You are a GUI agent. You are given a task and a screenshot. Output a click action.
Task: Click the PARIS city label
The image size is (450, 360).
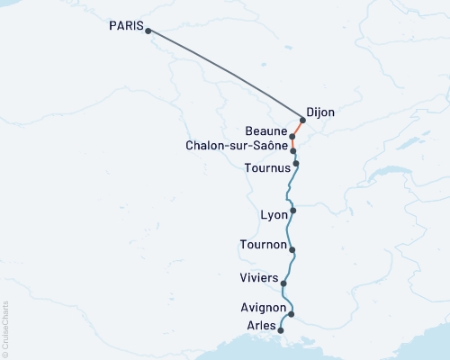pos(125,27)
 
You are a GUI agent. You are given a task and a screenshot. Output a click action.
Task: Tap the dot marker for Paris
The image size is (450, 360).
pos(148,31)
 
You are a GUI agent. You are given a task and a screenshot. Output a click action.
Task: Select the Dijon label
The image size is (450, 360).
pos(321,112)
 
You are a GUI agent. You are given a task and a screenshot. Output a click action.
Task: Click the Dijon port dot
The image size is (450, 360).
pos(302,120)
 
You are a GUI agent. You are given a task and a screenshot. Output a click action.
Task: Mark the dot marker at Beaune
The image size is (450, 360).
pos(293,137)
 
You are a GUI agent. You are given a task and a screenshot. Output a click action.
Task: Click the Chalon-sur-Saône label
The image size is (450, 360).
pos(237,144)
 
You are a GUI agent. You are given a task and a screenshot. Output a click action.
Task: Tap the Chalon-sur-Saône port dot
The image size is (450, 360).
pos(293,150)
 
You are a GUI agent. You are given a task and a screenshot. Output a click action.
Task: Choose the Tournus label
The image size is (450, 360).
pos(267,167)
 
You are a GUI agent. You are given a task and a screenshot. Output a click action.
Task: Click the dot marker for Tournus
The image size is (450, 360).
pos(296,164)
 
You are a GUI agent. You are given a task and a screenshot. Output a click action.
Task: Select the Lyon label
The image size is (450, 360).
pos(274,215)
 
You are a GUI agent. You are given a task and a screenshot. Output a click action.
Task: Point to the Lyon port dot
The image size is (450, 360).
pos(293,211)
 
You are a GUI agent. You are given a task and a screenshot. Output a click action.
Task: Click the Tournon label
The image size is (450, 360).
pos(264,245)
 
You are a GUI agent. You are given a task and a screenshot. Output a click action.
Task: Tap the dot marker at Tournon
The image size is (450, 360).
pos(292,250)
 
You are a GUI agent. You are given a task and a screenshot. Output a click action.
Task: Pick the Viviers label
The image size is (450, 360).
pos(259,277)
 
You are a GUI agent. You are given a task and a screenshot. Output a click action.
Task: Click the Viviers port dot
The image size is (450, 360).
pos(284,283)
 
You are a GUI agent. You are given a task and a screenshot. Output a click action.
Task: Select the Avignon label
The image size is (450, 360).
pos(264,307)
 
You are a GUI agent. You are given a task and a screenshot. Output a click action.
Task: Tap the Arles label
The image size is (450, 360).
pos(261,325)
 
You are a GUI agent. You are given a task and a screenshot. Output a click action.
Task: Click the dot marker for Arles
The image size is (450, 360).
pos(282,330)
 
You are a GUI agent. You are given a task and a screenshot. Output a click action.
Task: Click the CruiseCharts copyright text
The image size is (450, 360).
pos(6,328)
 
